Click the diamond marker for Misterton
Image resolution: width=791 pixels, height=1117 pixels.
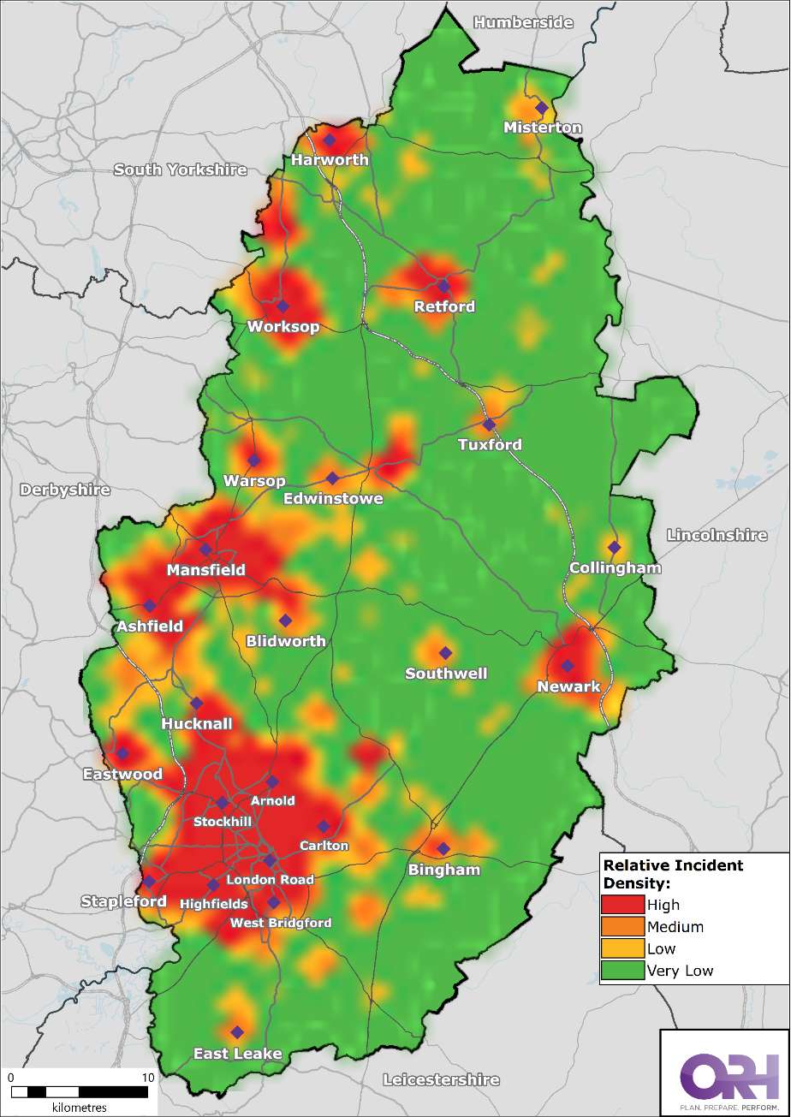tap(541, 108)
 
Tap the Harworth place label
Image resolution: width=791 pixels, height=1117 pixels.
tap(330, 160)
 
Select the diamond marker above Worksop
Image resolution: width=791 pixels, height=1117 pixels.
tap(282, 306)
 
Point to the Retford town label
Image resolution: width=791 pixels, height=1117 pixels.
tap(443, 306)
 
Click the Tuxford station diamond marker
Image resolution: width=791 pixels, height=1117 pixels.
tap(489, 424)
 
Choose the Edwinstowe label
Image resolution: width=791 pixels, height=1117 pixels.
tap(334, 498)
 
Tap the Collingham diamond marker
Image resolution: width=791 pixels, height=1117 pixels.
tap(613, 547)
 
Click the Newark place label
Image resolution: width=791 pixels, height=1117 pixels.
tap(568, 686)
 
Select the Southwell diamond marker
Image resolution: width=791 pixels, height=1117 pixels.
tap(444, 653)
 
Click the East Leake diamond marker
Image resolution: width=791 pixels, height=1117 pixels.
tap(237, 1031)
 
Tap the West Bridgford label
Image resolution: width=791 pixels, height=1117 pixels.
tap(280, 923)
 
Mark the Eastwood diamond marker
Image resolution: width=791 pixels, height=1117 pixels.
tap(122, 753)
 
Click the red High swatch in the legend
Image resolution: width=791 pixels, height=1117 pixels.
tap(622, 905)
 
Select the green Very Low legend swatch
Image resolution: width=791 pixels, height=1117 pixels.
tap(622, 971)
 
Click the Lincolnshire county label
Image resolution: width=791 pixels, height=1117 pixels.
tap(717, 535)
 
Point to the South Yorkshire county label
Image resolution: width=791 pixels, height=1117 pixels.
tap(181, 169)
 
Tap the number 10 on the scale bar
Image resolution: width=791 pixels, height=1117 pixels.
tap(147, 1077)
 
